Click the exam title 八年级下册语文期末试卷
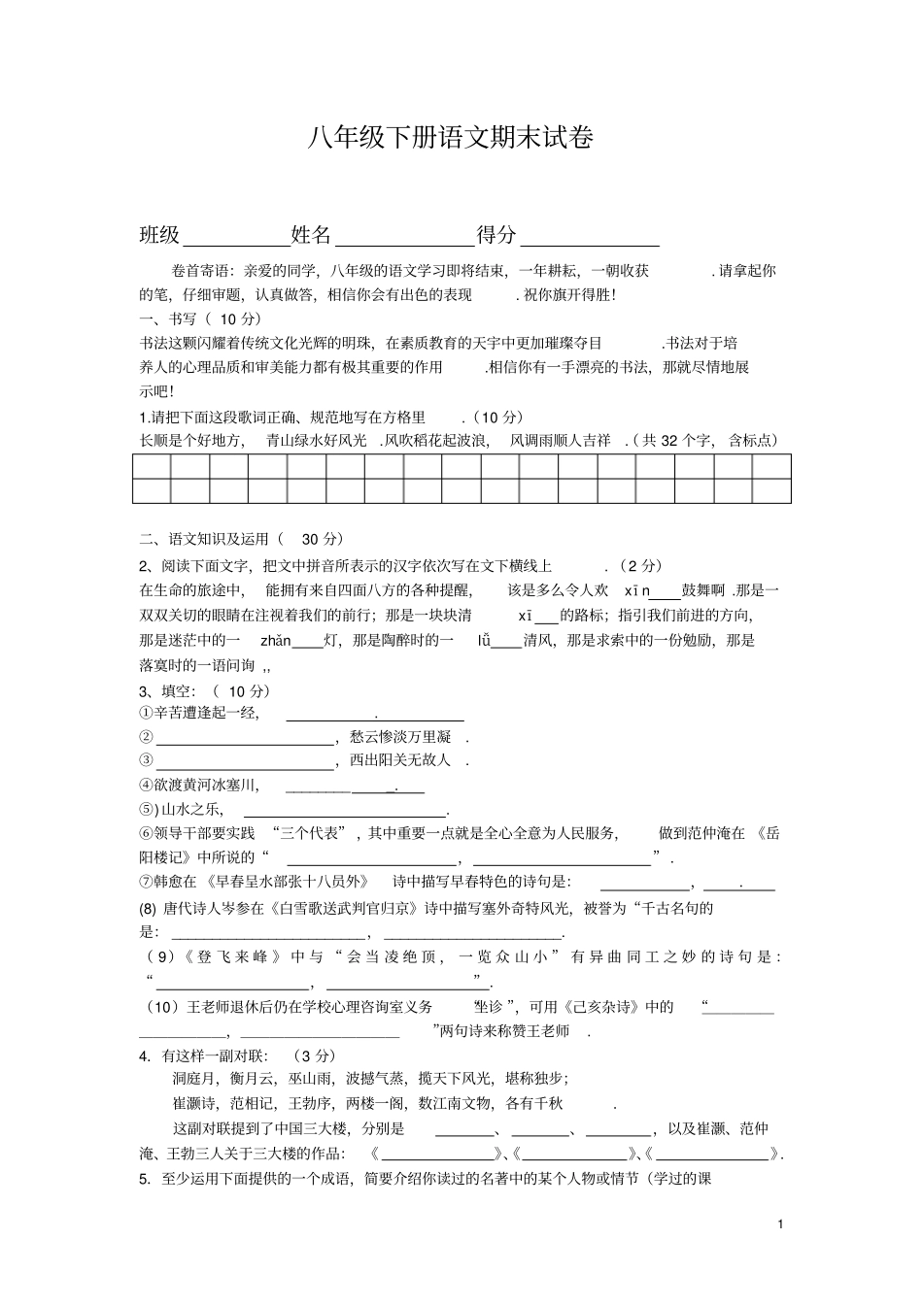click(x=450, y=139)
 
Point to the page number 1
click(x=781, y=1224)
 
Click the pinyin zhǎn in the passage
click(x=275, y=641)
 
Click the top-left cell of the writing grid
click(x=152, y=467)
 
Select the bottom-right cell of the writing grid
click(x=771, y=491)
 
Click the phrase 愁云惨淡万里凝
click(x=400, y=738)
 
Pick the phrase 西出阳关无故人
click(x=400, y=760)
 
